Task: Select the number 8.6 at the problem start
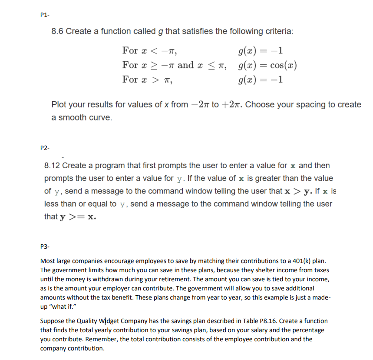57,31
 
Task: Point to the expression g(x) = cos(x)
267,65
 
